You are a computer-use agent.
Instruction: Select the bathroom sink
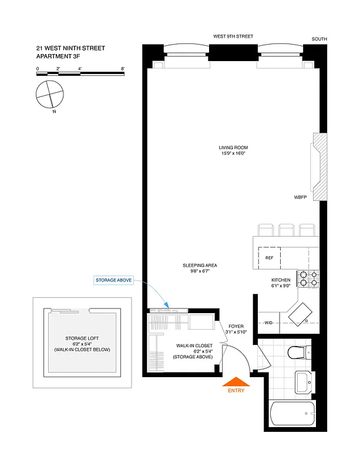pyautogui.click(x=304, y=382)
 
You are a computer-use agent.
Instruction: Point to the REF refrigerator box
pyautogui.click(x=270, y=257)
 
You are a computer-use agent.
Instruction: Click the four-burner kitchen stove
pyautogui.click(x=307, y=278)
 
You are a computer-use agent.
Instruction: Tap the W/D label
pyautogui.click(x=269, y=323)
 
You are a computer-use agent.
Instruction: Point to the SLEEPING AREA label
pyautogui.click(x=200, y=265)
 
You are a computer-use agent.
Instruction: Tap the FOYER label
pyautogui.click(x=235, y=326)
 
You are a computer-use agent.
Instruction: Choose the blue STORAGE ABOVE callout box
pyautogui.click(x=113, y=281)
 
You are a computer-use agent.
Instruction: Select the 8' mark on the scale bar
pyautogui.click(x=122, y=69)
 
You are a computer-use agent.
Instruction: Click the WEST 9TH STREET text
pyautogui.click(x=233, y=36)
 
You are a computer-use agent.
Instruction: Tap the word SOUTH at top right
pyautogui.click(x=319, y=39)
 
